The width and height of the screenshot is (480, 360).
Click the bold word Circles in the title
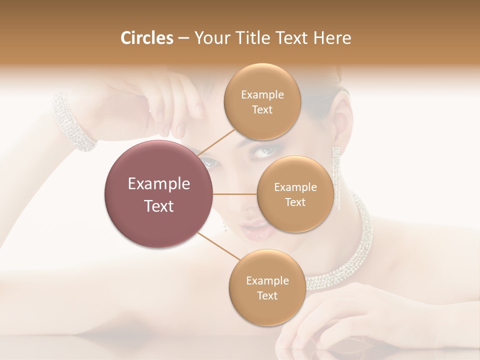point(146,38)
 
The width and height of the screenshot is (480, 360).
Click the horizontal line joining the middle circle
point(235,194)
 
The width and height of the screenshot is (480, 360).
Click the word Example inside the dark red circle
point(159,184)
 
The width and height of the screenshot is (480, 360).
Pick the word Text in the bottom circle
point(267,296)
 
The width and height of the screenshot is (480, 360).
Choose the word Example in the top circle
point(262,95)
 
